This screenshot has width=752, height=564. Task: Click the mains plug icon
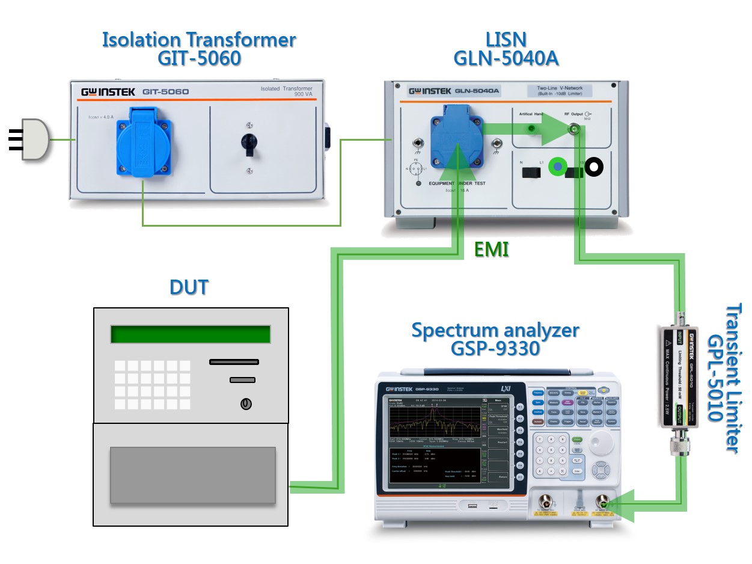pos(34,139)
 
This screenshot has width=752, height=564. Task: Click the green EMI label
pos(492,250)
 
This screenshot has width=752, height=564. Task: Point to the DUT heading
pos(189,287)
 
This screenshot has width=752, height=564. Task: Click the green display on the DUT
pos(190,334)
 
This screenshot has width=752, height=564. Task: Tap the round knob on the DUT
pos(245,404)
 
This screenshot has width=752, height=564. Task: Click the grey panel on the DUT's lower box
pos(192,475)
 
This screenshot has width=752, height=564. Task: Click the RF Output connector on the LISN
pos(575,129)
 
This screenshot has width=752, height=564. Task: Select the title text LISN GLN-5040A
pos(506,49)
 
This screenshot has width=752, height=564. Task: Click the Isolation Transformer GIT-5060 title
pos(199,49)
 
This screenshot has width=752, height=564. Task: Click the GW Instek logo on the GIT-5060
pos(108,93)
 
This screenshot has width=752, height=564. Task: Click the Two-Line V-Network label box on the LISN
pos(555,91)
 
